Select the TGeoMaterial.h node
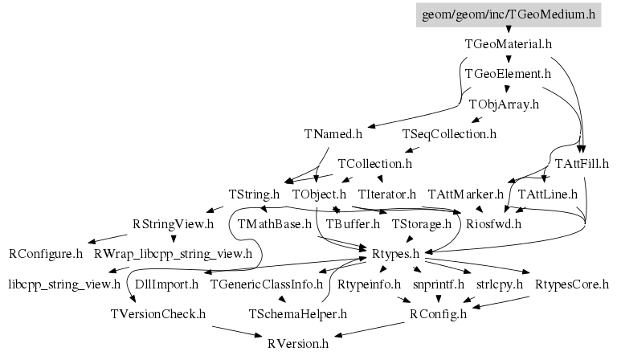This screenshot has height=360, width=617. [x=509, y=44]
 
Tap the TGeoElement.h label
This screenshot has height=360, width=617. [x=508, y=74]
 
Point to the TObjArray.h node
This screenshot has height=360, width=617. [x=504, y=104]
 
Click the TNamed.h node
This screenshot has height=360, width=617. [x=333, y=133]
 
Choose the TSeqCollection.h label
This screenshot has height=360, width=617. [x=449, y=133]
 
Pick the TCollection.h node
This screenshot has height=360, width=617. [x=374, y=164]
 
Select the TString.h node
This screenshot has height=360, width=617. [x=255, y=194]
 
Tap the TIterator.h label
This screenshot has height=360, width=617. [x=387, y=194]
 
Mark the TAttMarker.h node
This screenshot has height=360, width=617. [x=466, y=194]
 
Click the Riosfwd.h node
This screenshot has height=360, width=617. [x=494, y=223]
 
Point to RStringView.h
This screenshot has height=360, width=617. [x=173, y=223]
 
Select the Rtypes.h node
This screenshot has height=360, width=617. [x=396, y=254]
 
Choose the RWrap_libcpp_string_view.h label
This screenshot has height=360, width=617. [x=173, y=254]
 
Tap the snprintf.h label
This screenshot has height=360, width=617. [x=439, y=284]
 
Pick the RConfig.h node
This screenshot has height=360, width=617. [x=438, y=313]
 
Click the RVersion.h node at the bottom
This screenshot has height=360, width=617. [x=298, y=344]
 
